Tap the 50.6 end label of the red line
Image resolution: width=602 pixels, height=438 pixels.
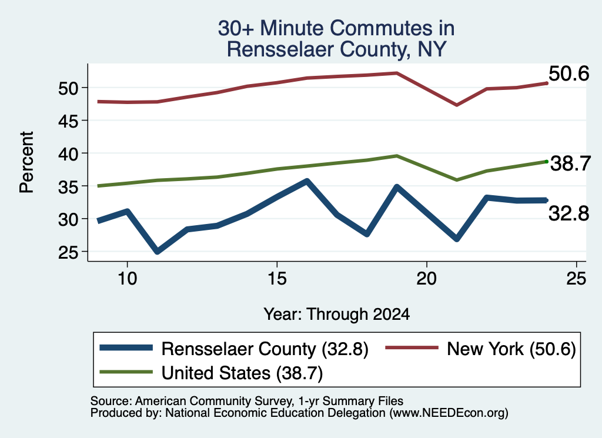(x=568, y=73)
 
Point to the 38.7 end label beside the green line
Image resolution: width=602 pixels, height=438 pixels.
(x=570, y=163)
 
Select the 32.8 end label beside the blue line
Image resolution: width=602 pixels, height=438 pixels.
(x=568, y=213)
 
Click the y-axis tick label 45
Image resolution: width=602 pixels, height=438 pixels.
(x=68, y=121)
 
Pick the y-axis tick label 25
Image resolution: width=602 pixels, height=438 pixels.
(x=68, y=253)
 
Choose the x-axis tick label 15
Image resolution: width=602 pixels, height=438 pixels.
(x=277, y=279)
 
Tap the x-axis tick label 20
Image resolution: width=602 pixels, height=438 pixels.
(x=427, y=279)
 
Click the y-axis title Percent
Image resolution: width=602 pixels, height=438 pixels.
(x=27, y=162)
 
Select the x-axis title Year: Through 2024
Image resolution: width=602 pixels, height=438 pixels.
(x=337, y=314)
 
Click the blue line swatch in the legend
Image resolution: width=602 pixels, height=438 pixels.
(x=126, y=348)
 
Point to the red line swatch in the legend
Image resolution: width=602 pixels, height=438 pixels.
(x=412, y=348)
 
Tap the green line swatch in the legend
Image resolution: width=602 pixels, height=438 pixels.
(x=126, y=372)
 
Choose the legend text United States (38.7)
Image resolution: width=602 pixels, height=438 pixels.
(x=242, y=373)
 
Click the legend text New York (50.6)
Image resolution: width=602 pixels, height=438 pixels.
(x=511, y=349)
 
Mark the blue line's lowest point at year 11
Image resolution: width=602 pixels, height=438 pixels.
(x=157, y=252)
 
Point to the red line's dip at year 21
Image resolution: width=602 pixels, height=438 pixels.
(x=456, y=105)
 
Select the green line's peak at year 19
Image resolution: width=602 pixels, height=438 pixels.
(x=397, y=156)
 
